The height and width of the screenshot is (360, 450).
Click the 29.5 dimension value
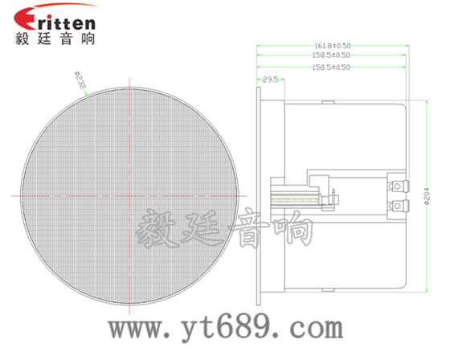pos(271,80)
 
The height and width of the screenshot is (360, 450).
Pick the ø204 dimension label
pos(427,196)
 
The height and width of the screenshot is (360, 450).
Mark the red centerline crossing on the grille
pos(131,196)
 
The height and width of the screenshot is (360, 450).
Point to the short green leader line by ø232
pos(87,90)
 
